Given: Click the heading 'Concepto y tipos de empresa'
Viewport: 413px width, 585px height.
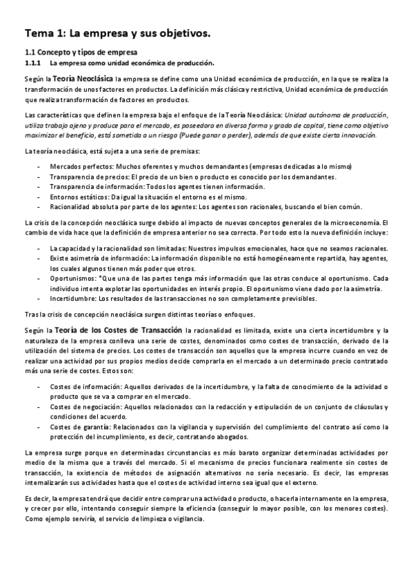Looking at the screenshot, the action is point(86,52).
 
